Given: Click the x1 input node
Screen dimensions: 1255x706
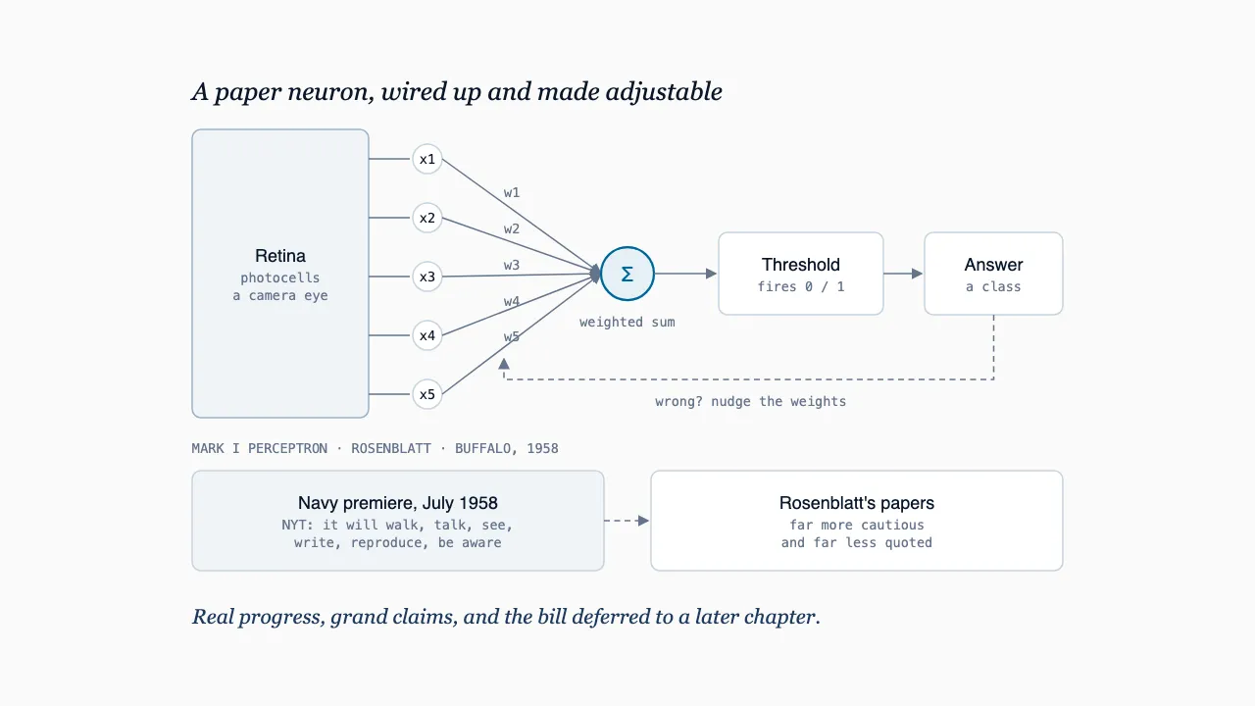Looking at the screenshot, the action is click(427, 159).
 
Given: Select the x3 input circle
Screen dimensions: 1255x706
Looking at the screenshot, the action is click(427, 277).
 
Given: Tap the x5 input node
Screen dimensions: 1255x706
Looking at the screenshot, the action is click(427, 394).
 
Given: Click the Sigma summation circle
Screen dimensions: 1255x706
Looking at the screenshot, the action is click(627, 274).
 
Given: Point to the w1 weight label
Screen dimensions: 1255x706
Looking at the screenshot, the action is click(512, 193).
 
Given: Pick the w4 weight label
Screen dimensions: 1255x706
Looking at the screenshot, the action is click(512, 301).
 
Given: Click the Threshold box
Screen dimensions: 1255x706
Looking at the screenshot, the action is click(801, 274).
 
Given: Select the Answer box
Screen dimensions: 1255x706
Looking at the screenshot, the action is click(993, 274).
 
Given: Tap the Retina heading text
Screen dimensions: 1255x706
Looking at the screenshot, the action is click(280, 256).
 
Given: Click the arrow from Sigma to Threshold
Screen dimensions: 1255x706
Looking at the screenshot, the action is click(685, 274).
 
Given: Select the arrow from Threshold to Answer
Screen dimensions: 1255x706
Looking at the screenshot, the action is click(903, 274).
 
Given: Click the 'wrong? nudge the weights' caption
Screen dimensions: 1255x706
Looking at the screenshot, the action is click(751, 402).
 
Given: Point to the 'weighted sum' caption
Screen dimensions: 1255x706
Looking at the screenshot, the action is click(627, 323).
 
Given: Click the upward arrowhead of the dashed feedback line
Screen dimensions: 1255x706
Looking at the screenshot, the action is click(504, 364).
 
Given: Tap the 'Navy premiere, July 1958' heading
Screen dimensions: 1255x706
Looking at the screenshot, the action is click(398, 503).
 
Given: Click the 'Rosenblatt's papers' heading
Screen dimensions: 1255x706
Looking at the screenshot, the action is click(857, 503).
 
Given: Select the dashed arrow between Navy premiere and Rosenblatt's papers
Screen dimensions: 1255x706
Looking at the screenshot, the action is click(627, 521).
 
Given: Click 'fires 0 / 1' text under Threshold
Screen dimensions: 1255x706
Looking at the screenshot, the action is click(801, 287).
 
